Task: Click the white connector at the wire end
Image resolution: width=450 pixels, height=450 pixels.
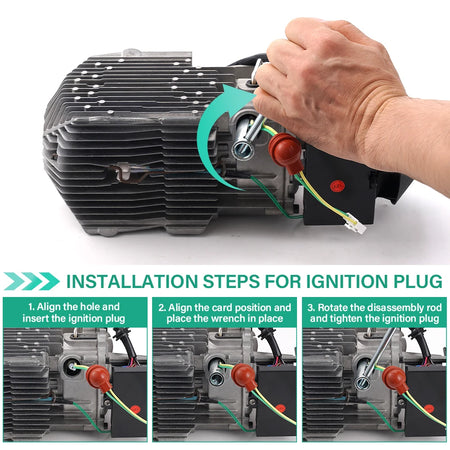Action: (356, 223)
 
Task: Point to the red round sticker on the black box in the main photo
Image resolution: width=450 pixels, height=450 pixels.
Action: (336, 186)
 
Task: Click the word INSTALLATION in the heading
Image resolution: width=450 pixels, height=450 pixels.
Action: (132, 282)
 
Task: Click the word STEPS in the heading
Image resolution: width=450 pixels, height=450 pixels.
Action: (231, 282)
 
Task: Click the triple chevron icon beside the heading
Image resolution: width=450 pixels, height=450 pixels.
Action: (32, 281)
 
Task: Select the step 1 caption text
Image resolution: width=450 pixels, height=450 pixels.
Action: (74, 312)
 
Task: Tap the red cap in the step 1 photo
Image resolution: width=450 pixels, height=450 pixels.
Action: (99, 378)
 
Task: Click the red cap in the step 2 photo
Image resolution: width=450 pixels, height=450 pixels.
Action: (245, 377)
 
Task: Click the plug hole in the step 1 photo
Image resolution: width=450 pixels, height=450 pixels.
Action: (71, 366)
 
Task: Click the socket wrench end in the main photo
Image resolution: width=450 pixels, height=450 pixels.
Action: (243, 149)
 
